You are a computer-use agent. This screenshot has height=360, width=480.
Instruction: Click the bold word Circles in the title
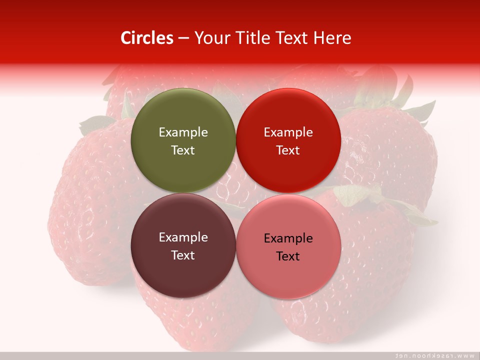coord(147,38)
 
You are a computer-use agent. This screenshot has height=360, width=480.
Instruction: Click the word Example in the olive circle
coord(183,132)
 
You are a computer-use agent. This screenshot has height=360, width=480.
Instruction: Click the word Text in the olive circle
coord(183,150)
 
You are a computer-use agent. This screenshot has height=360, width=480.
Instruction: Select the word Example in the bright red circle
coord(288,132)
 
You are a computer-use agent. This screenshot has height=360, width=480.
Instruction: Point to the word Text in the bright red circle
coord(288,150)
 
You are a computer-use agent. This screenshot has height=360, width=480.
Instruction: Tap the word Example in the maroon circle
coord(183,237)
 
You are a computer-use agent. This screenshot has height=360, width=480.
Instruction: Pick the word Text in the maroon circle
coord(183,255)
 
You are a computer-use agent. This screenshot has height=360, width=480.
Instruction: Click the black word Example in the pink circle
coord(288,238)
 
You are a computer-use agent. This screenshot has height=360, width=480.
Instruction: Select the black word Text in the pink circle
coord(288,256)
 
